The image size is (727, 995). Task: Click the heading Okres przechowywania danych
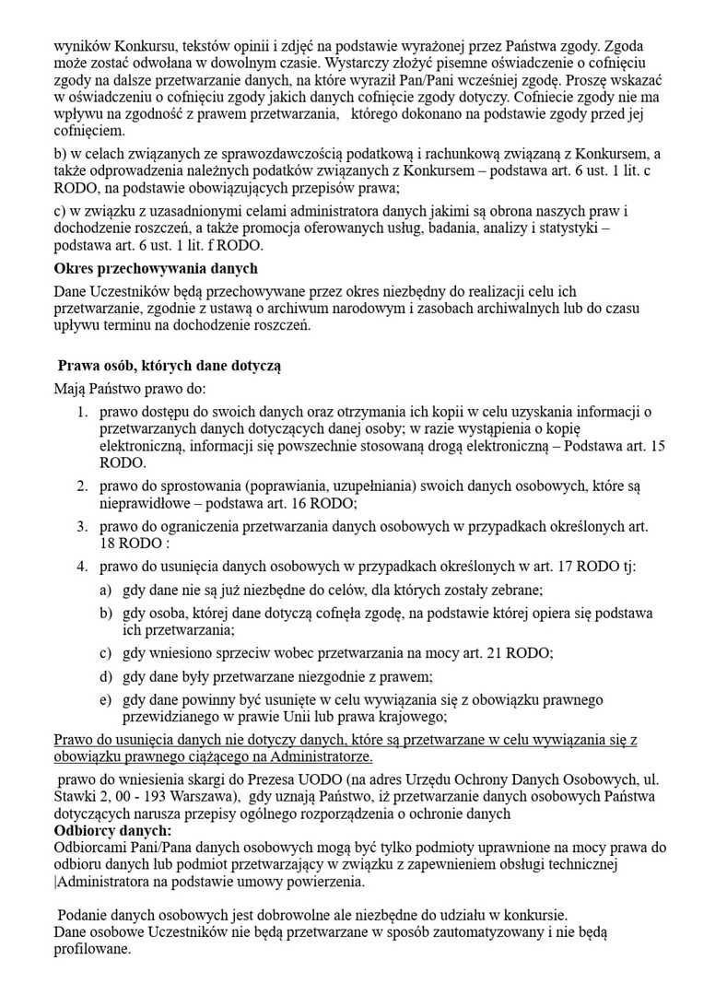(156, 268)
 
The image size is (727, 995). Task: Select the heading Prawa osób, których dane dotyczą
(169, 366)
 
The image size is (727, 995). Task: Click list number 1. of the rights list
(82, 411)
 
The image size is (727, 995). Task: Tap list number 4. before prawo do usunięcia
(82, 566)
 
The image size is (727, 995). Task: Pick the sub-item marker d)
(106, 676)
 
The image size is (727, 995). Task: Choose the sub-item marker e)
(106, 699)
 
